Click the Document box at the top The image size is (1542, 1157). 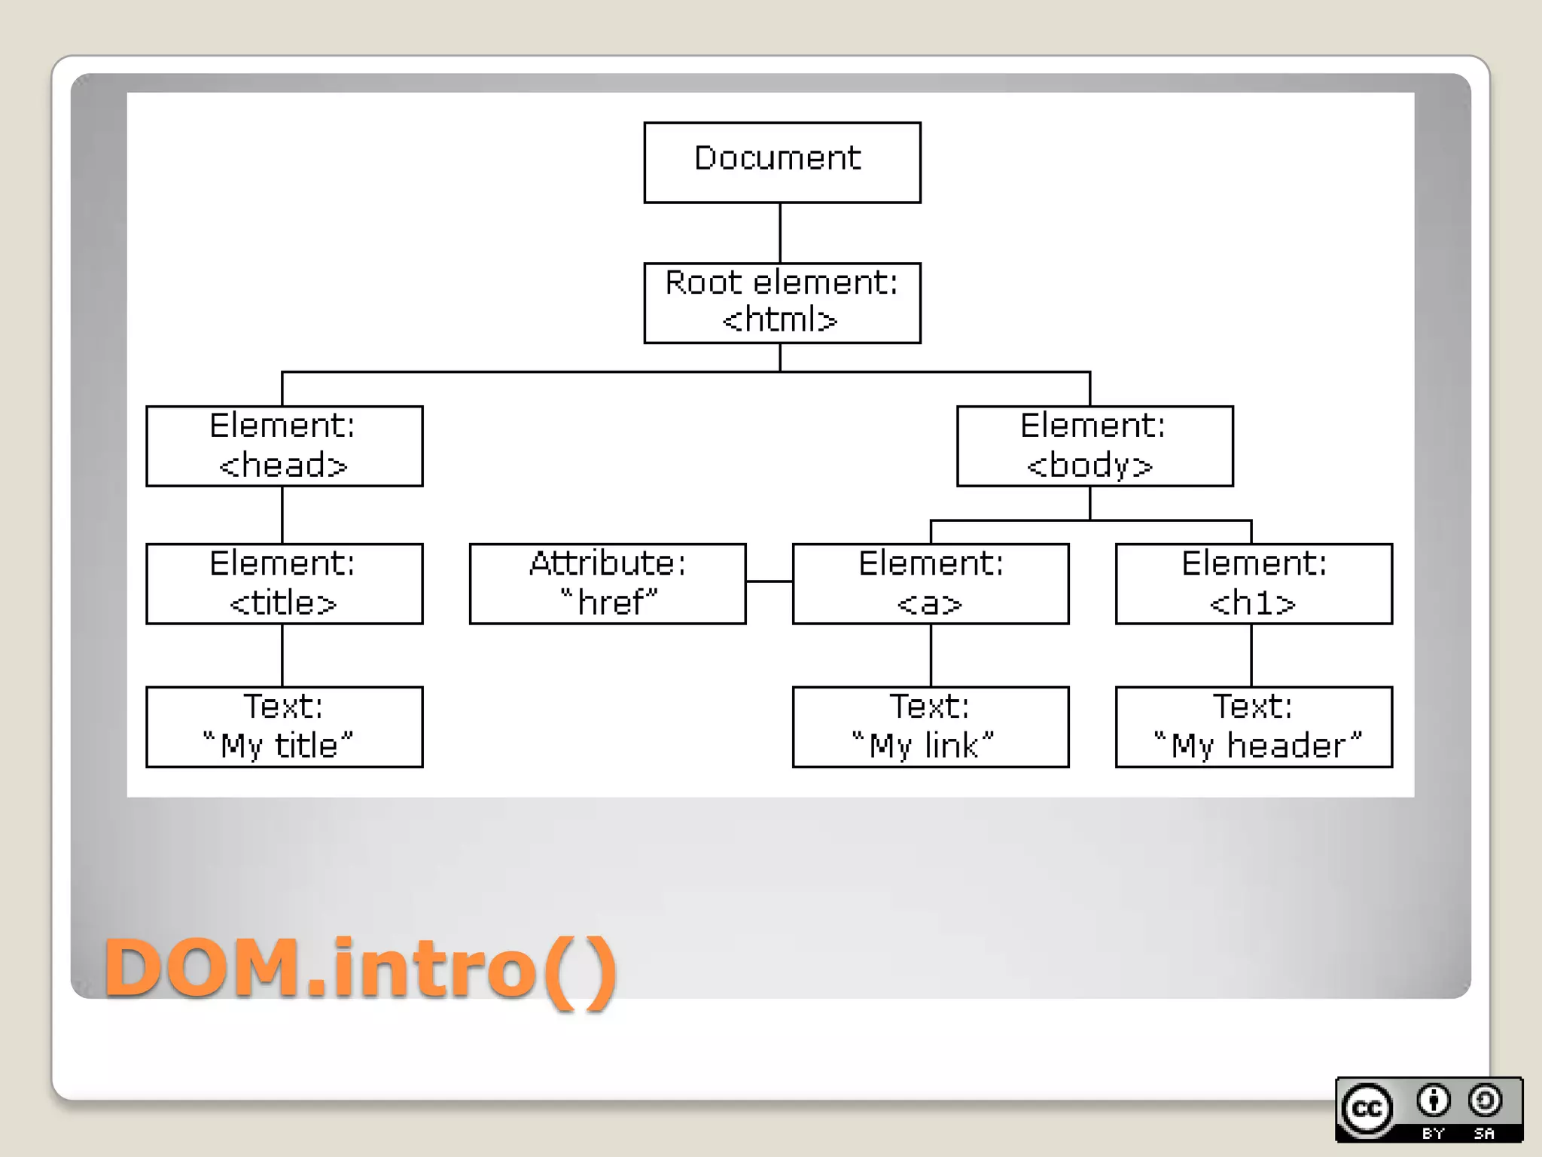pyautogui.click(x=782, y=162)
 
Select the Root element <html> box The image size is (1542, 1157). pyautogui.click(x=782, y=303)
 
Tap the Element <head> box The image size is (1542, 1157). pyautogui.click(x=284, y=446)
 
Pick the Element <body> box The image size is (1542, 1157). pyautogui.click(x=1094, y=446)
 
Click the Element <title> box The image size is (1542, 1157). pyautogui.click(x=284, y=584)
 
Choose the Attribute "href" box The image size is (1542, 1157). pyautogui.click(x=607, y=584)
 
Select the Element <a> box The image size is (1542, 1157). pyautogui.click(x=930, y=584)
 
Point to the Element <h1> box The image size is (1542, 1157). pyautogui.click(x=1254, y=584)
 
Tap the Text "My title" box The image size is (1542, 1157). pyautogui.click(x=284, y=727)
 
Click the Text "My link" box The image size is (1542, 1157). pyautogui.click(x=930, y=727)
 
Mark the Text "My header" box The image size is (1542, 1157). pyautogui.click(x=1254, y=727)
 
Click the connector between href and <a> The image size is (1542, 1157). pyautogui.click(x=769, y=581)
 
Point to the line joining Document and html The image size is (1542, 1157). pyautogui.click(x=780, y=233)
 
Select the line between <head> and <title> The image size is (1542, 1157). pyautogui.click(x=282, y=515)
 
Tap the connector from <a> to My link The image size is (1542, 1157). pyautogui.click(x=931, y=655)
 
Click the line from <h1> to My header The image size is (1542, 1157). pyautogui.click(x=1251, y=655)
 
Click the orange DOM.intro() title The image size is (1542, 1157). pyautogui.click(x=360, y=969)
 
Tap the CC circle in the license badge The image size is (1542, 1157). pyautogui.click(x=1367, y=1109)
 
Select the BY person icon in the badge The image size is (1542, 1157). pyautogui.click(x=1433, y=1101)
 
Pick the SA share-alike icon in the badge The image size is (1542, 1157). pyautogui.click(x=1484, y=1101)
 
